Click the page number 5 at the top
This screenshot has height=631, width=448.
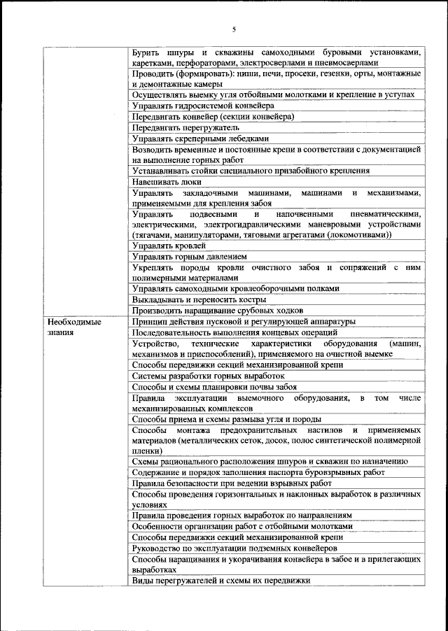point(234,29)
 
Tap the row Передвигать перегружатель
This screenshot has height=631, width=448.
point(185,128)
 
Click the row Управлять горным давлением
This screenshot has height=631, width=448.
point(189,257)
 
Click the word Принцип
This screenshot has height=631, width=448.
point(150,322)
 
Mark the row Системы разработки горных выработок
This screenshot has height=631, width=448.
point(209,376)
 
